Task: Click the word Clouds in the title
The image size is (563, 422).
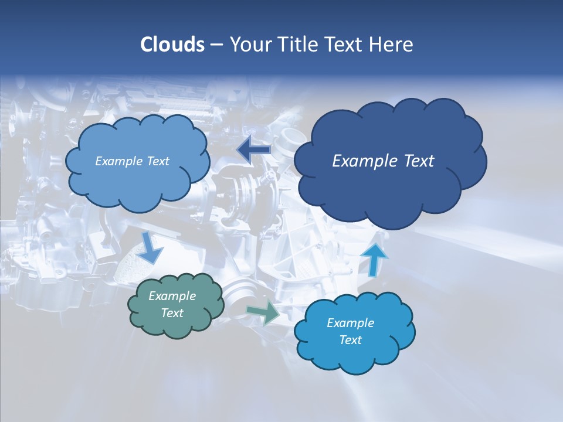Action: click(172, 44)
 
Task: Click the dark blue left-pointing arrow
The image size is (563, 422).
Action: click(253, 150)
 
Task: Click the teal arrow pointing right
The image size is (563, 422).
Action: click(263, 313)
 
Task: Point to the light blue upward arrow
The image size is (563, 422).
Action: click(374, 258)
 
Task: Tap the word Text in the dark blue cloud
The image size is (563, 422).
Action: click(419, 161)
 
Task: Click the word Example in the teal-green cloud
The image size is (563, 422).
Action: click(172, 296)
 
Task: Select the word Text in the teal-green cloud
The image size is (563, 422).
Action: click(172, 313)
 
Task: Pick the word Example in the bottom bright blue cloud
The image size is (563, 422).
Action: click(350, 323)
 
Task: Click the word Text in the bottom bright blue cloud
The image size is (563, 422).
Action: click(350, 340)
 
